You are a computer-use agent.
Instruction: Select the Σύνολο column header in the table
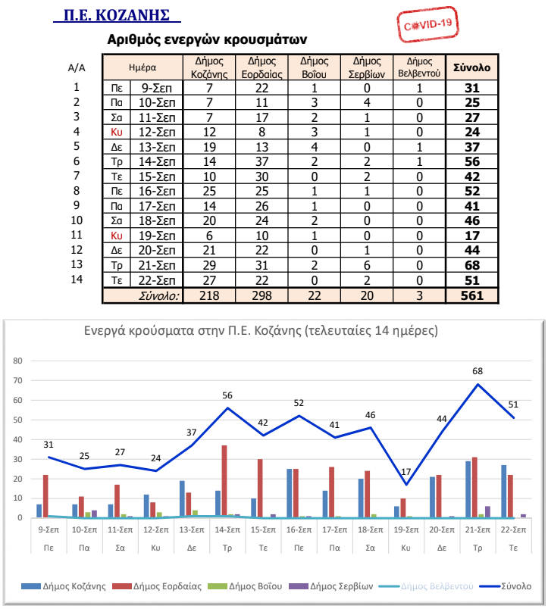(471, 67)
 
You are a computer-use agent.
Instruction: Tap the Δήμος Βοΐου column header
(315, 67)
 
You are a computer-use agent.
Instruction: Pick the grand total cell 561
(471, 295)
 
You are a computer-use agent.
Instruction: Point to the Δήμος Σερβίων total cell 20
(367, 295)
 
